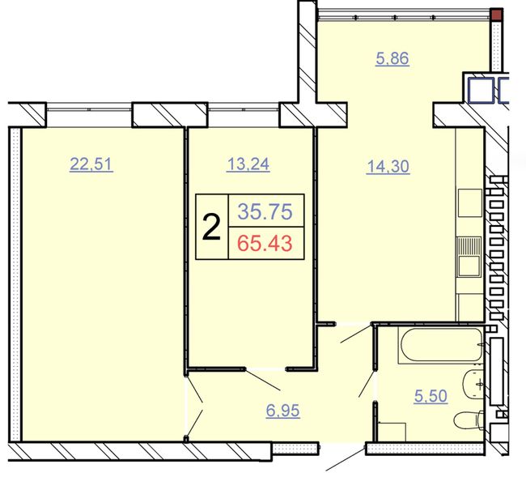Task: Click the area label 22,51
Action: (x=91, y=164)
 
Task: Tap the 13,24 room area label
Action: (x=248, y=164)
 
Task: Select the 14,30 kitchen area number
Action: (x=388, y=166)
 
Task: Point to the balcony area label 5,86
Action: (x=392, y=58)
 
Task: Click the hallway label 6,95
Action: (x=282, y=411)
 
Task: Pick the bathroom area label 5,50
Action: (x=431, y=396)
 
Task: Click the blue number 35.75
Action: (x=265, y=211)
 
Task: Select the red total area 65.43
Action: (x=265, y=244)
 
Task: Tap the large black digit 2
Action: (x=212, y=228)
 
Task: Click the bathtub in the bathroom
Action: (x=441, y=345)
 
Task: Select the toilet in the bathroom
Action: (x=469, y=421)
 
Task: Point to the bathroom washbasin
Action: (x=473, y=385)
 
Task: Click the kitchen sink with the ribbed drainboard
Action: (x=469, y=257)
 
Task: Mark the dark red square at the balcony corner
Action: (x=496, y=15)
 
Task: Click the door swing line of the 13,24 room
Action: (x=262, y=380)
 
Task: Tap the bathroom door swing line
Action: (x=367, y=383)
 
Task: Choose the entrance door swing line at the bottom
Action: (x=346, y=458)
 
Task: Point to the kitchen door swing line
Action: (x=356, y=334)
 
